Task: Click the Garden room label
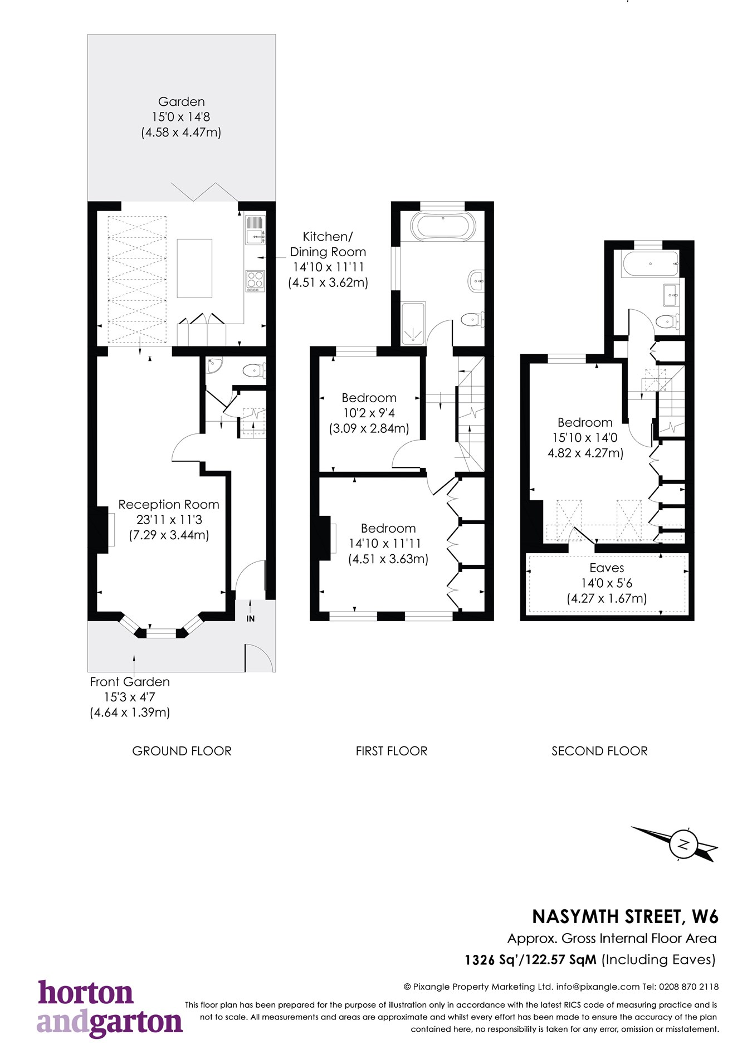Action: click(181, 102)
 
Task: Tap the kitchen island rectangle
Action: click(194, 269)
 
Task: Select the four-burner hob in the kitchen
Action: click(255, 280)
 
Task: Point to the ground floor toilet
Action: click(255, 370)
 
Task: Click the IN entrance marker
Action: click(251, 618)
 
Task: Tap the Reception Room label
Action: click(169, 505)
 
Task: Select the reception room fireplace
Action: click(102, 529)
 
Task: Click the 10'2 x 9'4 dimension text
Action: click(368, 413)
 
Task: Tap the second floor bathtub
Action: click(651, 263)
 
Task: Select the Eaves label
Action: click(607, 568)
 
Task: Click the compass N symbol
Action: click(684, 844)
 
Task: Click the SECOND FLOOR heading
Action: click(599, 751)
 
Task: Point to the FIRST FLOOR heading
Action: click(391, 751)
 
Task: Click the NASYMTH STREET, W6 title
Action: click(625, 916)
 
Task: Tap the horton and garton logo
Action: click(110, 1008)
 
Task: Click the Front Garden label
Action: click(130, 682)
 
